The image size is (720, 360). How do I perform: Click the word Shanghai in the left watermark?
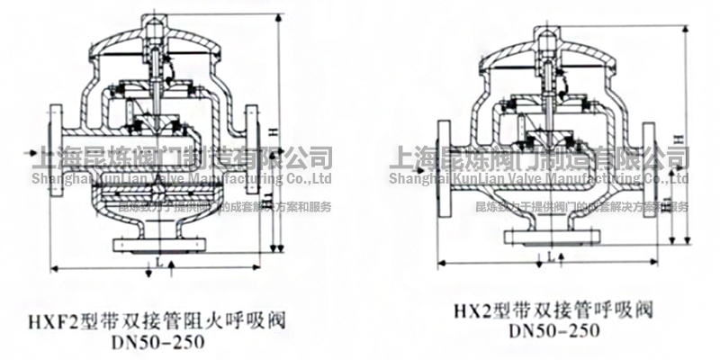(60, 179)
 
